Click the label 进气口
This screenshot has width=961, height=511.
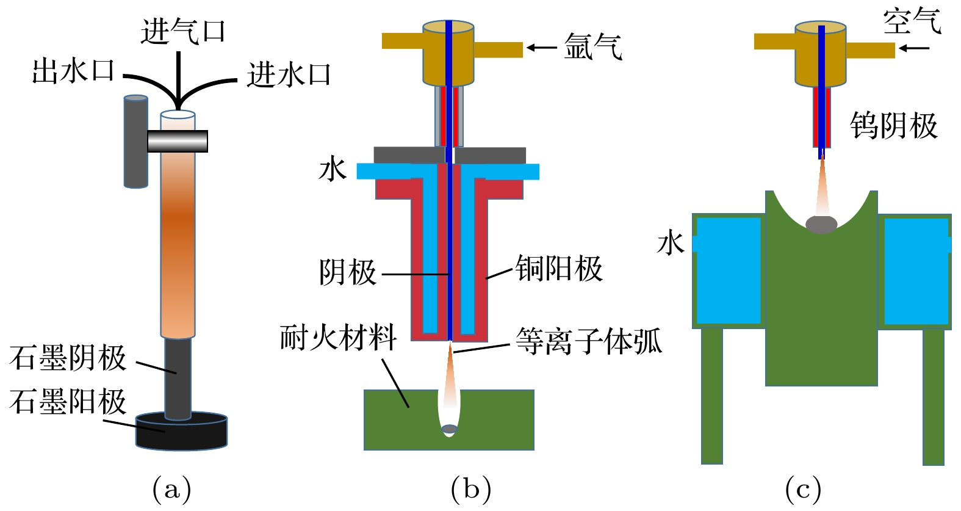(183, 31)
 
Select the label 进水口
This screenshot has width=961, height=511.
(289, 74)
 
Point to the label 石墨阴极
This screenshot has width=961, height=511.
(68, 358)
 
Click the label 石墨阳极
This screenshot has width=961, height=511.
(68, 401)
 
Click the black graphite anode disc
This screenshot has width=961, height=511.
(181, 432)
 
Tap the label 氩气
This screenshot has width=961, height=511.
(593, 46)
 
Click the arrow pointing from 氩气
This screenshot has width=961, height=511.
(541, 48)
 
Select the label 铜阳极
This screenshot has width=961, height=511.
(559, 269)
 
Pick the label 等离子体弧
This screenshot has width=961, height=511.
(589, 341)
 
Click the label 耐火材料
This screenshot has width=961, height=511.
(339, 338)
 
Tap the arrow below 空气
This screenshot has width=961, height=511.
(914, 48)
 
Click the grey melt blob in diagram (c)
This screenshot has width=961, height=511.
(821, 224)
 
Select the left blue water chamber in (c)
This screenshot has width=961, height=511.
(729, 270)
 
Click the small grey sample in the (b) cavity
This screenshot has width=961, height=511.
(450, 429)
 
